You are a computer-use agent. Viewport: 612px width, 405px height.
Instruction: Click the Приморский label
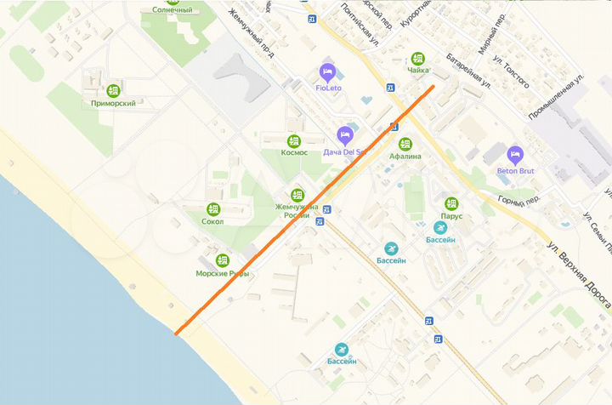[x=113, y=103]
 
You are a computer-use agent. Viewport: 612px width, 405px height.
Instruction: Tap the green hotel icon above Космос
[x=294, y=140]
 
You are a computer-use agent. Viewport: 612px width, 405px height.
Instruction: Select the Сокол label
[x=213, y=221]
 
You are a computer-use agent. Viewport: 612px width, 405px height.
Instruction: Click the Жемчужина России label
[x=297, y=211]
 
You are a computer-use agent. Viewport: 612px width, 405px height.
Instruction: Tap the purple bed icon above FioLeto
[x=328, y=71]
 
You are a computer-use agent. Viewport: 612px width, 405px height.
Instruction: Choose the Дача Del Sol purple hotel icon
[x=344, y=134]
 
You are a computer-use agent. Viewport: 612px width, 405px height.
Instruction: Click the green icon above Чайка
[x=417, y=59]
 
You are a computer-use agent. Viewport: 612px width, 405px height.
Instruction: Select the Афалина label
[x=405, y=156]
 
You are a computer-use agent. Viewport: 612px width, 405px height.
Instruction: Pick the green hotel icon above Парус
[x=451, y=203]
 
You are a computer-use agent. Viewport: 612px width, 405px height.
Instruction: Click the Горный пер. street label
[x=520, y=202]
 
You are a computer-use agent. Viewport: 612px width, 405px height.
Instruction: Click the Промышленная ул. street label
[x=558, y=94]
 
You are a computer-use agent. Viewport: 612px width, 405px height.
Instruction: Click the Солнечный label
[x=173, y=10]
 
